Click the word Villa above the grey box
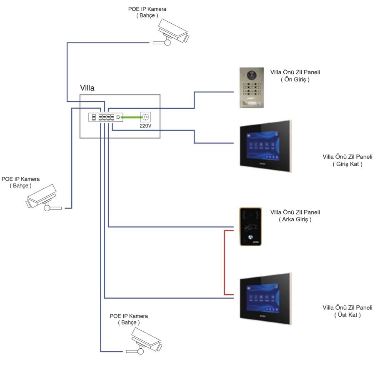(x=87, y=88)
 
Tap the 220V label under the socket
(x=146, y=125)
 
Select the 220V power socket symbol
(x=146, y=117)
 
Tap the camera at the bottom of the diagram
(x=146, y=340)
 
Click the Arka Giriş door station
(x=250, y=226)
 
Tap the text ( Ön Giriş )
(x=295, y=79)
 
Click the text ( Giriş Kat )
(x=347, y=164)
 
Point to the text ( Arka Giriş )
(x=295, y=219)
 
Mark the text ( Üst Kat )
(x=347, y=315)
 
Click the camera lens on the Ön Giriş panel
(x=251, y=76)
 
